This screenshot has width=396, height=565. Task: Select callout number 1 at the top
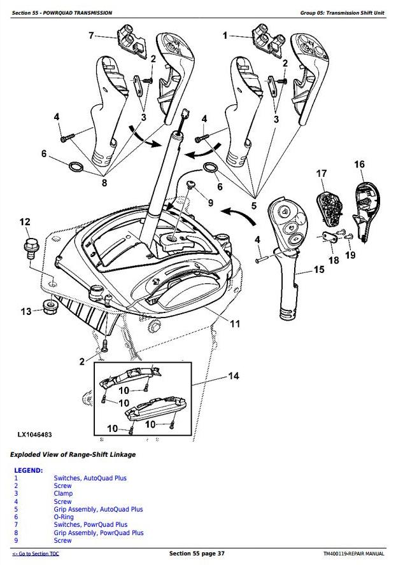point(225,36)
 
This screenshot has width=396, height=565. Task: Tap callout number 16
point(359,165)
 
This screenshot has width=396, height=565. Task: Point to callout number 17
point(322,173)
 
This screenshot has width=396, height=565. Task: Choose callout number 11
point(235,324)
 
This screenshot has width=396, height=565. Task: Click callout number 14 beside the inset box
point(233,377)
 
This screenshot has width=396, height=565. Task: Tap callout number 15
point(319,270)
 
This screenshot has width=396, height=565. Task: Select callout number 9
point(211,203)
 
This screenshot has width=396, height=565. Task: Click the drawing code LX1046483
point(34,435)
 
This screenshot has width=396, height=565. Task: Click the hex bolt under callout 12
point(30,245)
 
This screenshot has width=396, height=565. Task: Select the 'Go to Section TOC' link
point(36,554)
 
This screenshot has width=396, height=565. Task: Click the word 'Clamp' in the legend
point(63,493)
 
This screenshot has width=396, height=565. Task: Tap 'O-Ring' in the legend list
point(64,517)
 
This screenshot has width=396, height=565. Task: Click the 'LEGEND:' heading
point(28,470)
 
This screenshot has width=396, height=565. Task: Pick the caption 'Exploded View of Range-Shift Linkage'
point(73,454)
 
